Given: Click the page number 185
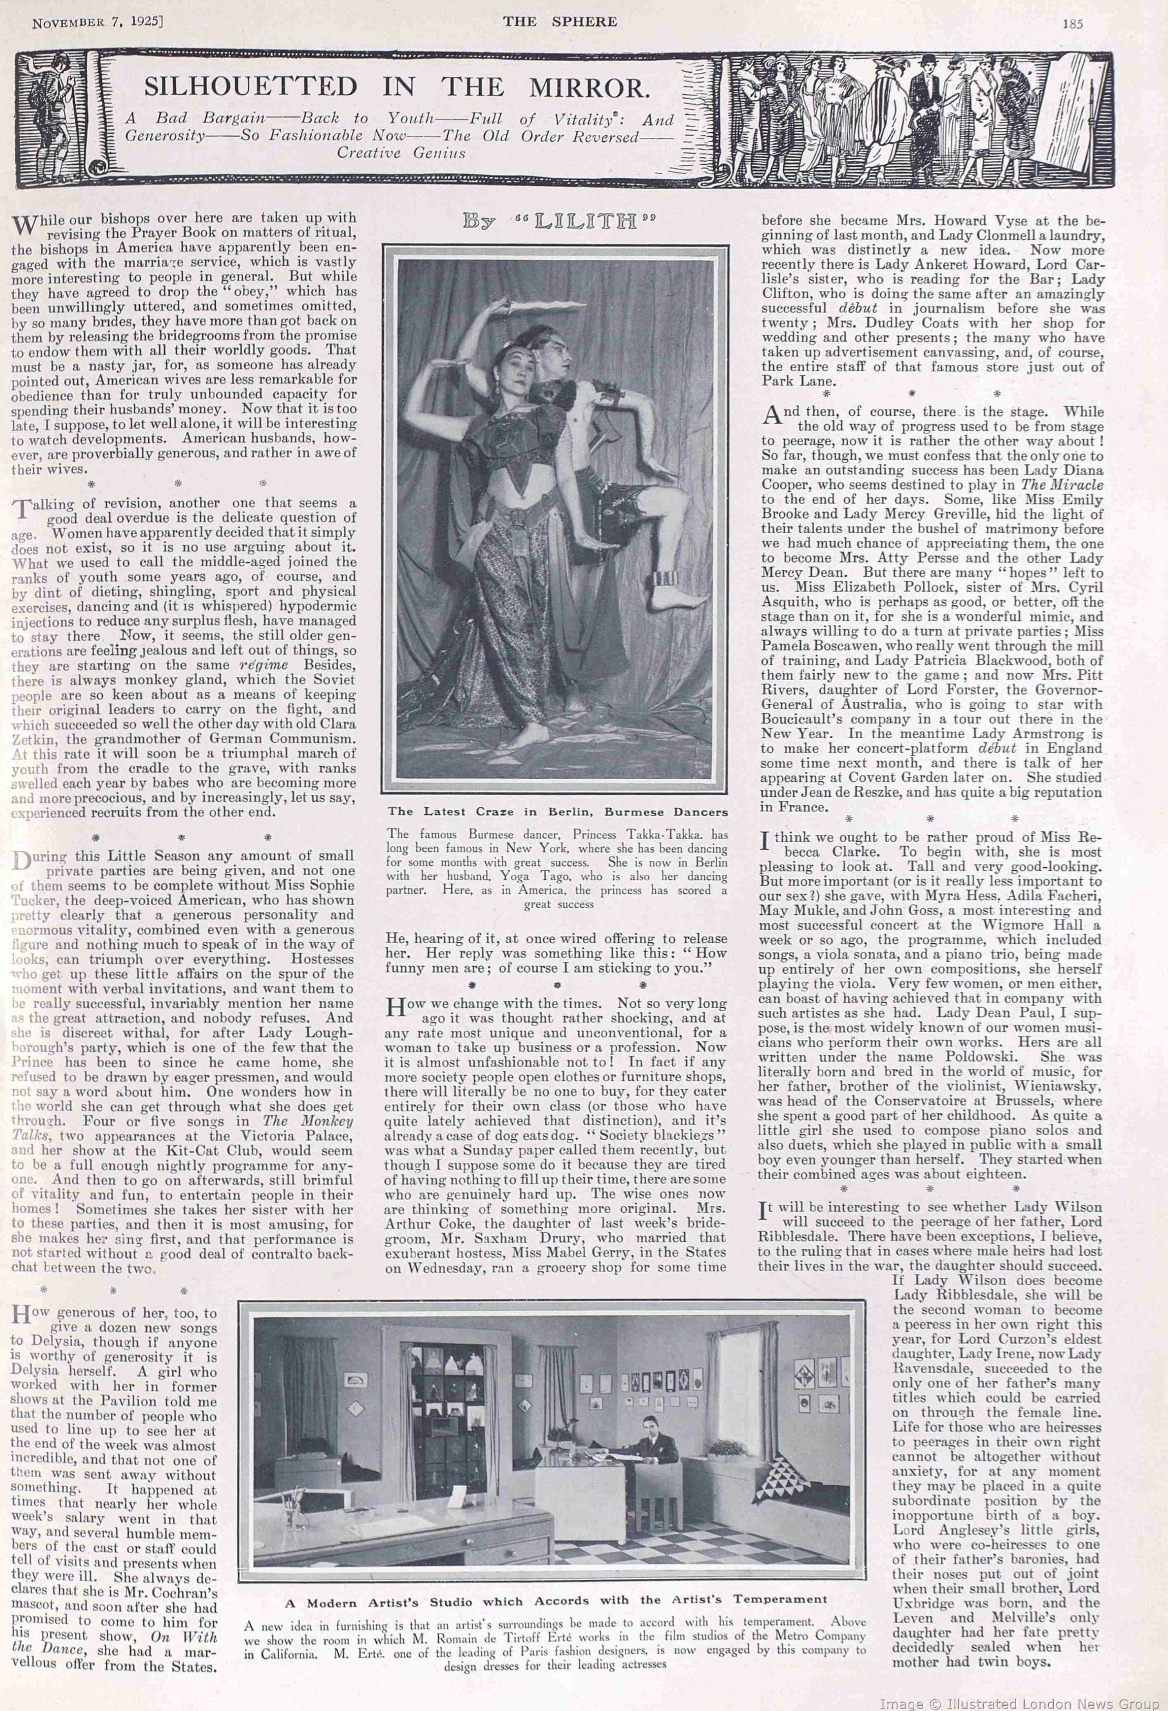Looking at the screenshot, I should point(1072,23).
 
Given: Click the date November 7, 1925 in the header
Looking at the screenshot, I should point(96,22).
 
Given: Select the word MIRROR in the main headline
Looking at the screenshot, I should point(589,88).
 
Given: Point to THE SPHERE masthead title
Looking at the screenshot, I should point(560,22).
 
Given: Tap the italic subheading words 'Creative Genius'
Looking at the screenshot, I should point(401,153).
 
